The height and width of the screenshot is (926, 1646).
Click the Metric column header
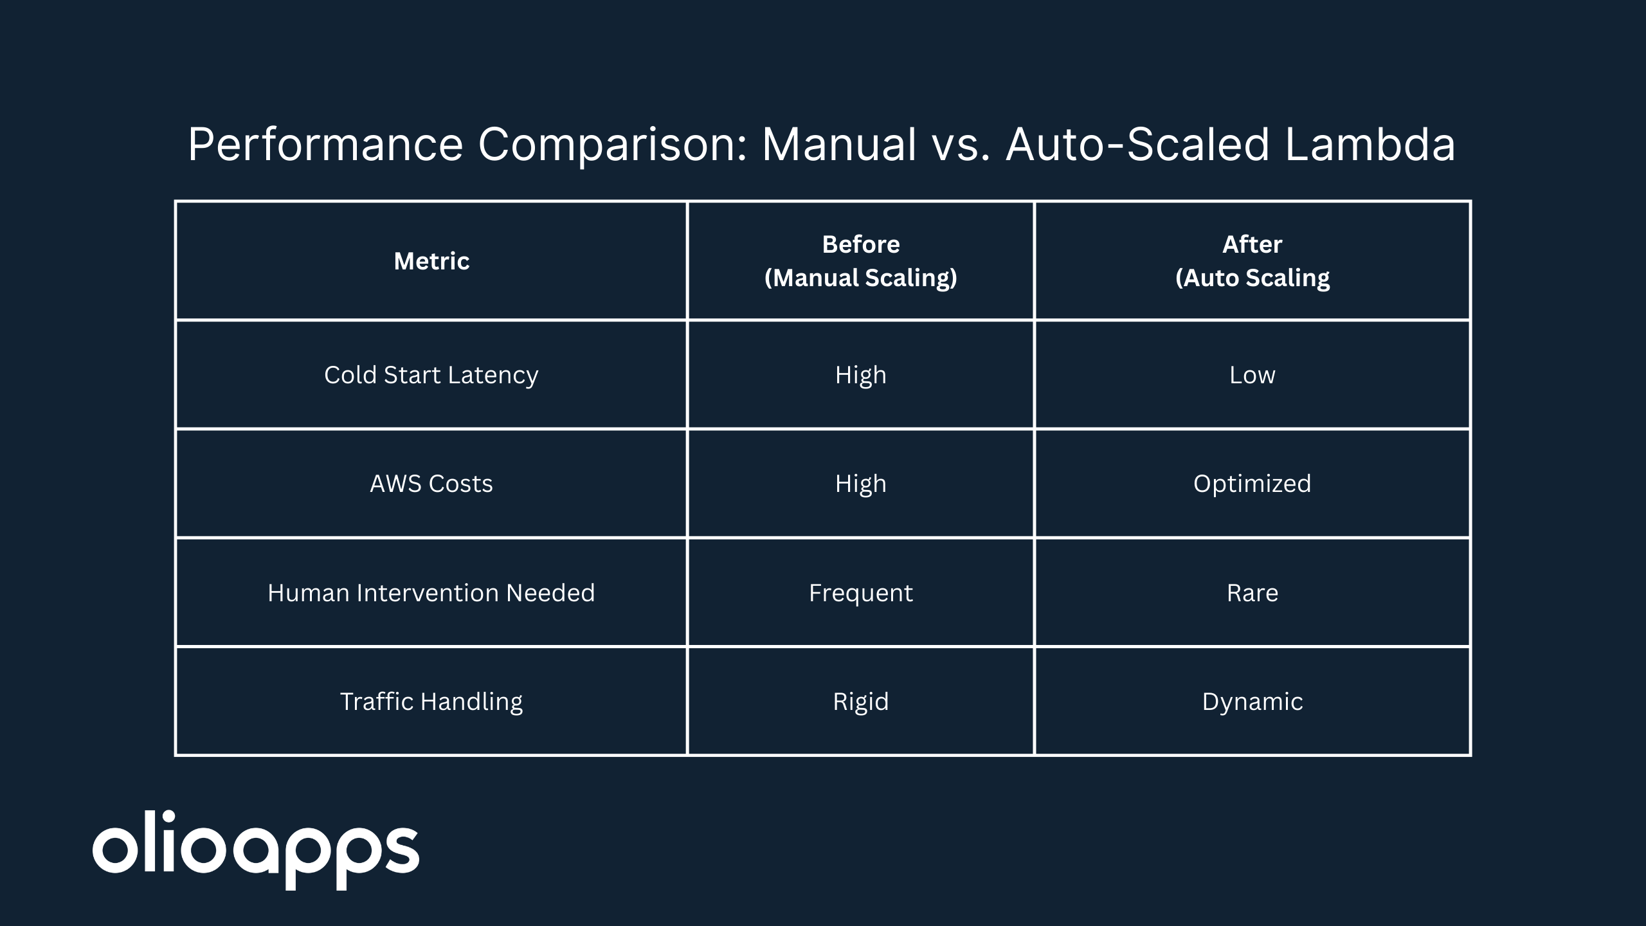431,261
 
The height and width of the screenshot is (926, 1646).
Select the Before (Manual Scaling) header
861,261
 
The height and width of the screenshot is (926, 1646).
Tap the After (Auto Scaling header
1253,261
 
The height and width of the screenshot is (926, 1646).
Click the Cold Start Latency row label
431,375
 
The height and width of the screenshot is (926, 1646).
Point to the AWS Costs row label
431,484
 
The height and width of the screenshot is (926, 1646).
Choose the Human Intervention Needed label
431,593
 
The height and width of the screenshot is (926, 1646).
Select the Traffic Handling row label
431,702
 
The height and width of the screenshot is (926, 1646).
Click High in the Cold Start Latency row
861,375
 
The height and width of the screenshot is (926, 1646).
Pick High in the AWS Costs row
861,484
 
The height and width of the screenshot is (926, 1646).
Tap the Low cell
1253,375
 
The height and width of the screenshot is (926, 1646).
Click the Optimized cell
1253,484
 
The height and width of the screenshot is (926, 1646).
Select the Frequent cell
861,593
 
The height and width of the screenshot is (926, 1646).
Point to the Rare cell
1253,593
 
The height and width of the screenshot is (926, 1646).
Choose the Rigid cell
861,702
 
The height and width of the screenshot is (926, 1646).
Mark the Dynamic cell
1253,702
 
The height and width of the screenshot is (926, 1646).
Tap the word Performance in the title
325,144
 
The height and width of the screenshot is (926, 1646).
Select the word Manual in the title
840,144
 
